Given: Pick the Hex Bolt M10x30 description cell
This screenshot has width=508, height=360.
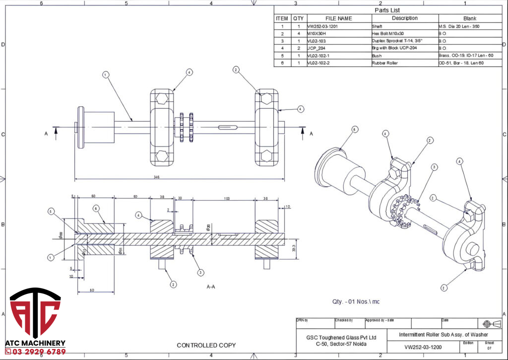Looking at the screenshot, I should point(390,34).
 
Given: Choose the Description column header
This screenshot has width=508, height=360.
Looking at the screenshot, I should point(404,18).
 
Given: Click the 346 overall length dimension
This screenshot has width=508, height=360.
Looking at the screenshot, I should point(157,177).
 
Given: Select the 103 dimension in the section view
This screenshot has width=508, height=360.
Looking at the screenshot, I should point(227,198).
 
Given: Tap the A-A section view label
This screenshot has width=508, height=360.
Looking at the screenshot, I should point(211,287).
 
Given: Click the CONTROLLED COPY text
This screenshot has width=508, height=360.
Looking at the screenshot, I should point(206,345).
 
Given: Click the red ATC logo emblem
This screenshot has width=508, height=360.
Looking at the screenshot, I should point(35,312).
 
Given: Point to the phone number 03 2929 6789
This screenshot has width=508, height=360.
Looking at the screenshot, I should point(35,352).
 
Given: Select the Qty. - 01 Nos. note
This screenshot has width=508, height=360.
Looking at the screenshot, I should point(356,301).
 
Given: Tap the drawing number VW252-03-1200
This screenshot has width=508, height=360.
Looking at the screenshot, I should point(423,347).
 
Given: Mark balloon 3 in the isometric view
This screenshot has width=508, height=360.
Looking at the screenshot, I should point(434,167).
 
